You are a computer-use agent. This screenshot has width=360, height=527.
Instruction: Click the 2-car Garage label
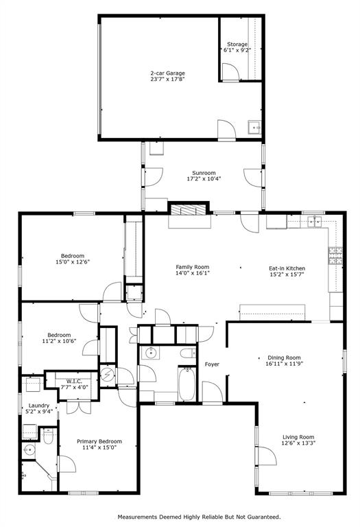[x=168, y=73]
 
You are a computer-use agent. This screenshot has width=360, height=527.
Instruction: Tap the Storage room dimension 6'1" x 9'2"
[x=238, y=50]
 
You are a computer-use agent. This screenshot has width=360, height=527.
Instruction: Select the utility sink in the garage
[x=254, y=127]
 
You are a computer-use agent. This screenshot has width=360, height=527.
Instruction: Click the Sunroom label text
[x=204, y=173]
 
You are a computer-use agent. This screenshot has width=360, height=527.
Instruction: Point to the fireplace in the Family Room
[x=188, y=209]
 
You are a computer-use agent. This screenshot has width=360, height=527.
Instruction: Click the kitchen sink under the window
[x=315, y=220]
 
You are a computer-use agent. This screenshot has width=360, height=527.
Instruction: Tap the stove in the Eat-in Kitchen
[x=335, y=256]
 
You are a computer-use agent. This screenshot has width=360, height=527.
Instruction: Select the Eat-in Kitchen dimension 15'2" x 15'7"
[x=287, y=274]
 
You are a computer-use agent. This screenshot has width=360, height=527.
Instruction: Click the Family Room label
[x=192, y=267]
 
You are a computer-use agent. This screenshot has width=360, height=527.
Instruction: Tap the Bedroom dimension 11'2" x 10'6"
[x=58, y=341]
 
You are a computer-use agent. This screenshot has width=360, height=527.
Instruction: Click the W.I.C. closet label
[x=74, y=382]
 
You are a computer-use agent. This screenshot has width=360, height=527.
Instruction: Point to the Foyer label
[x=212, y=364]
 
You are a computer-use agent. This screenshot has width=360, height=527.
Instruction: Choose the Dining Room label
[x=284, y=357]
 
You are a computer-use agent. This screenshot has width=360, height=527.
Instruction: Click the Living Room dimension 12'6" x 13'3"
[x=298, y=443]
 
